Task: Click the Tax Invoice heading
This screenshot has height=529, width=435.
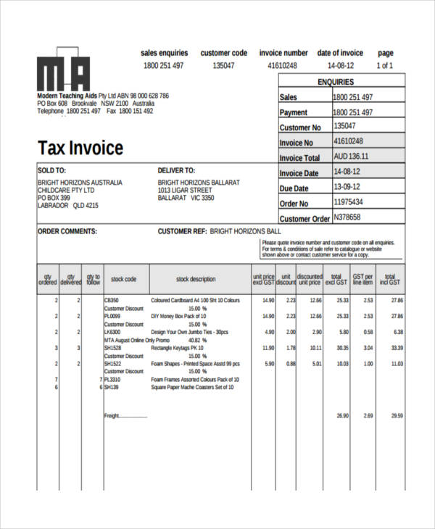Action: [80, 149]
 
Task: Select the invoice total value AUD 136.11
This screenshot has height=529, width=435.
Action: [351, 157]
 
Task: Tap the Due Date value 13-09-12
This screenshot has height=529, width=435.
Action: [347, 187]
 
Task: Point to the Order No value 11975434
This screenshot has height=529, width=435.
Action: [348, 202]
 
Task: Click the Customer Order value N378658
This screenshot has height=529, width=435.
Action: [347, 217]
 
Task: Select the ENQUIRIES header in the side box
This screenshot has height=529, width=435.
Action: [341, 82]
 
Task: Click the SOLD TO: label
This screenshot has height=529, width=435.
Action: [51, 170]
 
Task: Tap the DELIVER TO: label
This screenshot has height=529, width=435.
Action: [176, 170]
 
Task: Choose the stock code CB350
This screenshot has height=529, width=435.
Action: [112, 300]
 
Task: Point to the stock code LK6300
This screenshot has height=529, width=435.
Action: [112, 332]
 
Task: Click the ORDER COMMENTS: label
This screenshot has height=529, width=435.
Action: [67, 233]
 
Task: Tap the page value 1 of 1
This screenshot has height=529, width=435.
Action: [385, 65]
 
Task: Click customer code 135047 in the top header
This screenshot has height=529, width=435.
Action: [223, 65]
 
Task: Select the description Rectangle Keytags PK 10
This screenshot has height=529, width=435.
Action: [178, 348]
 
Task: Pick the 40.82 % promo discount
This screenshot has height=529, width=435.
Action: [198, 340]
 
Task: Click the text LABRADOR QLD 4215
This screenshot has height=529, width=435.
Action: [67, 206]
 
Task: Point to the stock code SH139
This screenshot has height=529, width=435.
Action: [111, 388]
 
